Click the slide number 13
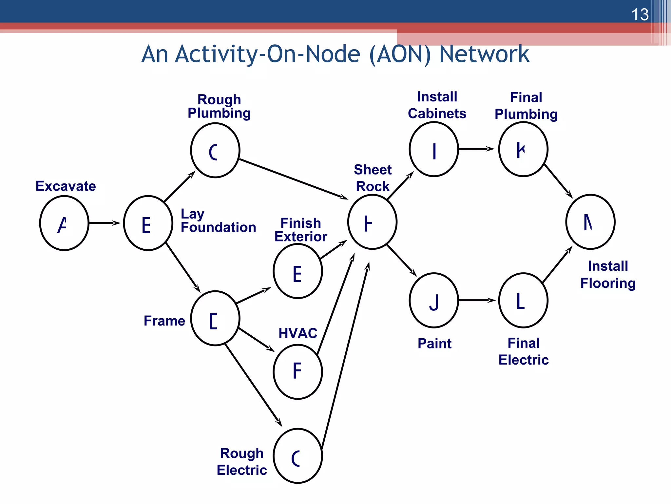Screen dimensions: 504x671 [640, 15]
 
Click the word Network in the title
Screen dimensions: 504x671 [484, 54]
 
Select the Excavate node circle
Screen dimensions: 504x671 [64, 223]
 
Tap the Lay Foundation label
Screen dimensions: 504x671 [218, 221]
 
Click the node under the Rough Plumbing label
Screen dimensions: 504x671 [215, 150]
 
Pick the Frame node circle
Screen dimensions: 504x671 [215, 318]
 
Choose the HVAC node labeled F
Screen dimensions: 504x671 [298, 371]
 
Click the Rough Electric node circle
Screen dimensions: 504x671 [298, 456]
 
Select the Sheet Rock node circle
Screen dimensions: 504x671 [372, 222]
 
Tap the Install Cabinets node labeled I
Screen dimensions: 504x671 [434, 149]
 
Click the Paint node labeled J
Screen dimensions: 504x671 [434, 300]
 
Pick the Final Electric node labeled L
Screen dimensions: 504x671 [523, 300]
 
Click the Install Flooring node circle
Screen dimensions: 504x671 [590, 222]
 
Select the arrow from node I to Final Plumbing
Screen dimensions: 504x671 [477, 149]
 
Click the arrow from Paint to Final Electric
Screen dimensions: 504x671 [477, 300]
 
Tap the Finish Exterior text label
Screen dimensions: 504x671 [300, 230]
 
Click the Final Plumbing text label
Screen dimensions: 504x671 [526, 106]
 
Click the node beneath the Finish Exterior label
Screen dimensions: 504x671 [298, 271]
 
